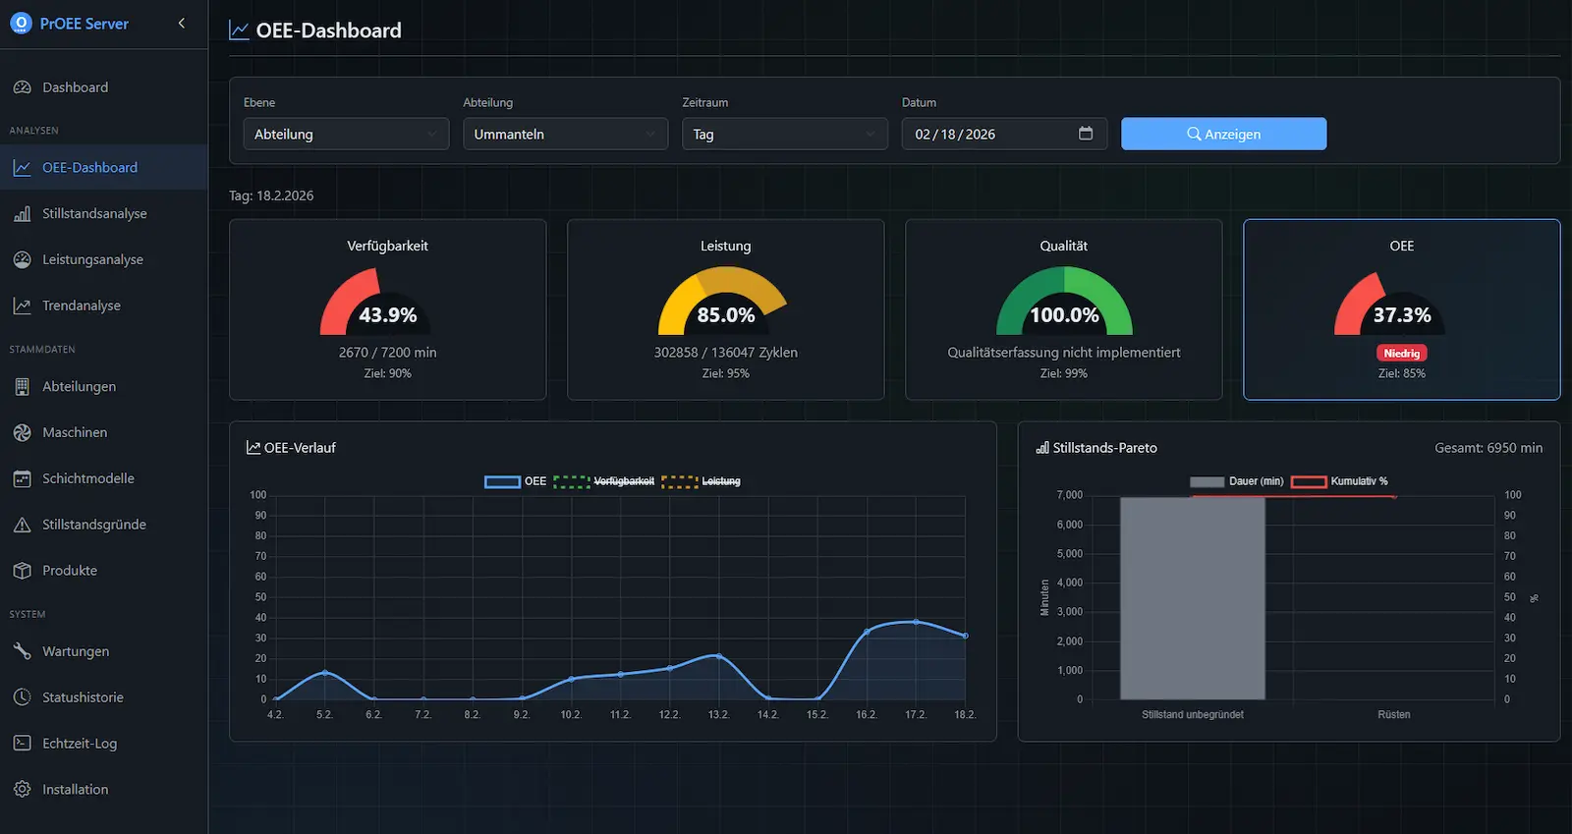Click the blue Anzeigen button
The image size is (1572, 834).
(1223, 134)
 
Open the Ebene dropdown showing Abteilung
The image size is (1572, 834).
(346, 134)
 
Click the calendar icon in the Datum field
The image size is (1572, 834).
(1086, 134)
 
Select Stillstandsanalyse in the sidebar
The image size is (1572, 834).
(94, 213)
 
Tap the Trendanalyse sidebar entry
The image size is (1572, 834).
(82, 306)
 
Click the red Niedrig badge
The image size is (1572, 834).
(1401, 353)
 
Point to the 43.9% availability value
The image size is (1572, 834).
(387, 315)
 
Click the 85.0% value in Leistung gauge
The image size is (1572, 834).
(725, 315)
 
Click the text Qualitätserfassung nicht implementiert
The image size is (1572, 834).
(1063, 353)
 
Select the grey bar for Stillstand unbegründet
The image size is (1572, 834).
(1192, 599)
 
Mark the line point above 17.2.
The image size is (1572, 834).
(916, 622)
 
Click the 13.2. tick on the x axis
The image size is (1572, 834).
(718, 715)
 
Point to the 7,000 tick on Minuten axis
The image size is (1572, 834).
(1069, 495)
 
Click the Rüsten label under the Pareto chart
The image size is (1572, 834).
(1393, 715)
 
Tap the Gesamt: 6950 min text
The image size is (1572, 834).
(1488, 448)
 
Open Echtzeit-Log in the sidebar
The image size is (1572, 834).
(80, 744)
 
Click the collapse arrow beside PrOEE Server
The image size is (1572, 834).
(182, 23)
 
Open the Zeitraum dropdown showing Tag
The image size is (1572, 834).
(784, 134)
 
